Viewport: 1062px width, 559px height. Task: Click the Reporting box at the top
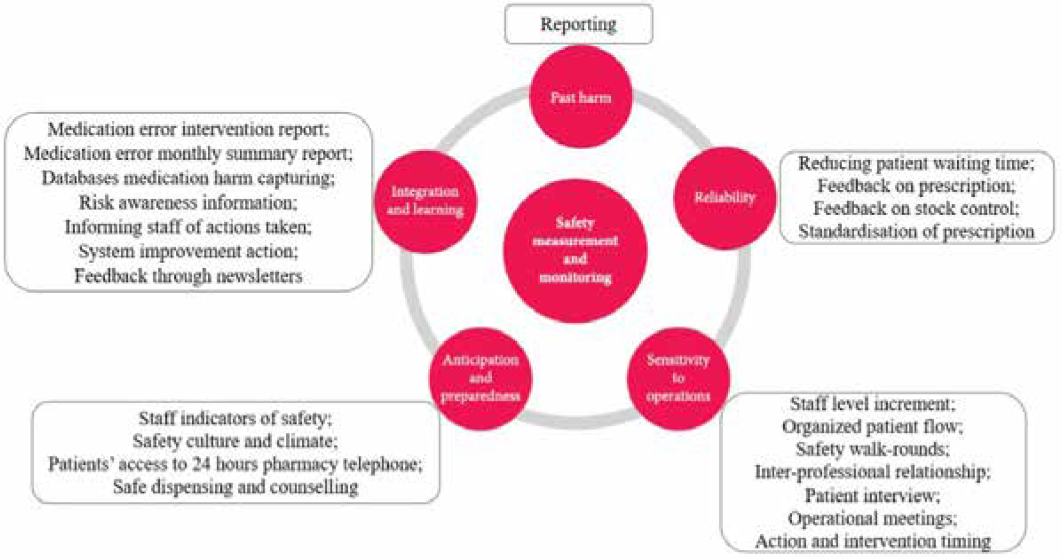[578, 24]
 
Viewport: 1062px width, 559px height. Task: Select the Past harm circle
[580, 97]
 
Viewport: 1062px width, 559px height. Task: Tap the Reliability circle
[725, 198]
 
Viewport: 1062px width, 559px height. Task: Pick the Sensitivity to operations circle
[678, 378]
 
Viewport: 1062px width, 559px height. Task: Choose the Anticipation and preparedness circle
[480, 378]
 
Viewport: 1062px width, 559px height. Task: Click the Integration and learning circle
[425, 201]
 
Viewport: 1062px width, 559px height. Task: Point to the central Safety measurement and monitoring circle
[575, 250]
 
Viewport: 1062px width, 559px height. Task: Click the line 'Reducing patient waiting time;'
[916, 163]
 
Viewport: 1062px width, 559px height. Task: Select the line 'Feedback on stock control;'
[916, 208]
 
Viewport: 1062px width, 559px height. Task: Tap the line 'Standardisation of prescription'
[916, 232]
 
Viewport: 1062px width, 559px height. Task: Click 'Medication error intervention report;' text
[188, 129]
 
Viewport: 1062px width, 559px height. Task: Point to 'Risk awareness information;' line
[188, 203]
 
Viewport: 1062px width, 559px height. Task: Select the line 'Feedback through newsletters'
[188, 276]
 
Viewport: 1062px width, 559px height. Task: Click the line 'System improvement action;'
[188, 251]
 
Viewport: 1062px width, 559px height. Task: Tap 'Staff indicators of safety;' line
[235, 419]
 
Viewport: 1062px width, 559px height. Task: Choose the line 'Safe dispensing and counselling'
[235, 487]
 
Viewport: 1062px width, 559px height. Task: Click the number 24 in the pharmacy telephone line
[201, 464]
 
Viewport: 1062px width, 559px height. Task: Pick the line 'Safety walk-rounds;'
[872, 449]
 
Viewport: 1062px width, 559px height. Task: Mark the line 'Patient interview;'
[872, 495]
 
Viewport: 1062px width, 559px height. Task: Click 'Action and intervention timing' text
[872, 541]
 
